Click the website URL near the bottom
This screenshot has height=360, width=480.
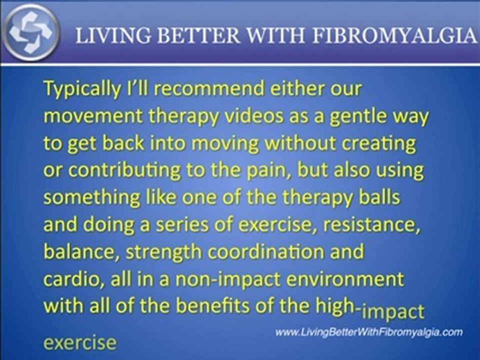369,332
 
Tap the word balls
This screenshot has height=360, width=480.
379,197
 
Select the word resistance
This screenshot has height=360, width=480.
376,224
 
